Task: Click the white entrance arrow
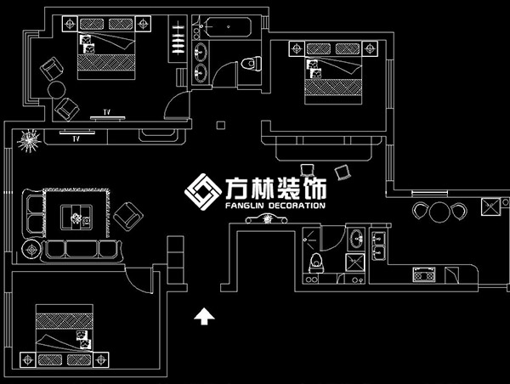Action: click(x=204, y=317)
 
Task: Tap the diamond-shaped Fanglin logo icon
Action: click(x=201, y=193)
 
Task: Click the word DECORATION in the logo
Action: click(x=292, y=206)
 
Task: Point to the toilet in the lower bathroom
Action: click(x=316, y=263)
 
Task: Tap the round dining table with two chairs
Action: click(x=439, y=212)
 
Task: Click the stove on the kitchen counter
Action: click(x=423, y=274)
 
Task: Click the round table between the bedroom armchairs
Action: click(x=56, y=89)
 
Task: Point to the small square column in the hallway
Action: click(x=221, y=126)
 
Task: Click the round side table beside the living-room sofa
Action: click(x=32, y=250)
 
